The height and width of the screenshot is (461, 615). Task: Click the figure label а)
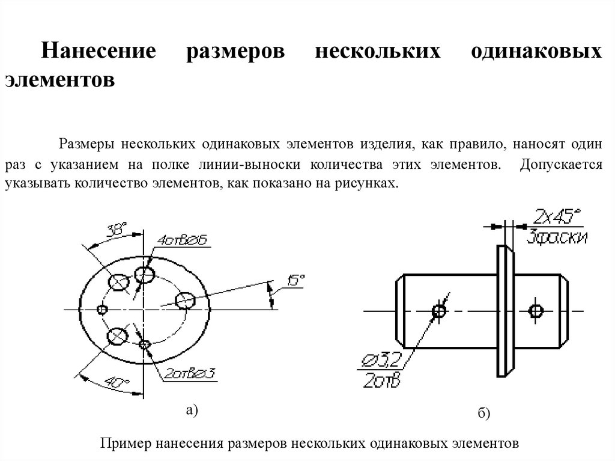(x=192, y=410)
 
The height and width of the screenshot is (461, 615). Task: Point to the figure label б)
(x=485, y=414)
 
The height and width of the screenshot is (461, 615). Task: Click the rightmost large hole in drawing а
(x=184, y=299)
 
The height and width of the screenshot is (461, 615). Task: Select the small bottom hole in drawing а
(x=144, y=344)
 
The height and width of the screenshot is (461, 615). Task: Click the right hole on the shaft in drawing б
(x=536, y=311)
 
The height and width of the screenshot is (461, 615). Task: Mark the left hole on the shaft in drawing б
(x=440, y=311)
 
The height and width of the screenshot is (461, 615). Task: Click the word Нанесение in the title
(x=98, y=50)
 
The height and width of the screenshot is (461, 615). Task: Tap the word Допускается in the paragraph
(x=562, y=164)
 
